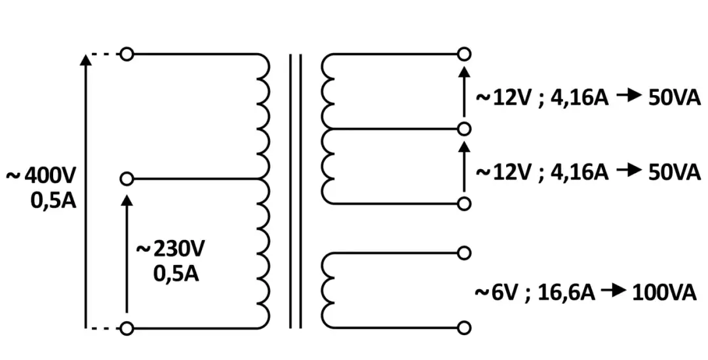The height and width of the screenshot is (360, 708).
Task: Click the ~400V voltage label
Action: point(42,176)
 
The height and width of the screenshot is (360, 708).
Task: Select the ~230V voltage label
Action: point(170,249)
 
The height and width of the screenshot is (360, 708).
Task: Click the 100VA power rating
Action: point(663,292)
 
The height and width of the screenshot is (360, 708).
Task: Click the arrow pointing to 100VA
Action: point(614,291)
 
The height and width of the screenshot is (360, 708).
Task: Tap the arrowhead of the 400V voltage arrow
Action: point(85,60)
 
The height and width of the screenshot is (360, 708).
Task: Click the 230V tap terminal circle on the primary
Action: point(127,178)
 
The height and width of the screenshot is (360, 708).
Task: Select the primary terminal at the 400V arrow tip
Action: point(127,54)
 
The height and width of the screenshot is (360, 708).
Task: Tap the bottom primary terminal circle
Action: point(127,328)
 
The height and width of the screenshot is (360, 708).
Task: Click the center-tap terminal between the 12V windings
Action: point(464,129)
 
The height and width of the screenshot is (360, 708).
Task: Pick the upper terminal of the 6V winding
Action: point(464,252)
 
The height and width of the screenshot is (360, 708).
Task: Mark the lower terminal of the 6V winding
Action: point(464,328)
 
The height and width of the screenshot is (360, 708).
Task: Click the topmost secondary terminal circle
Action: point(464,54)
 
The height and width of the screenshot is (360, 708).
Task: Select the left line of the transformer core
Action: point(290,190)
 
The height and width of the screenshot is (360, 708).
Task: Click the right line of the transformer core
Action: point(300,190)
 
